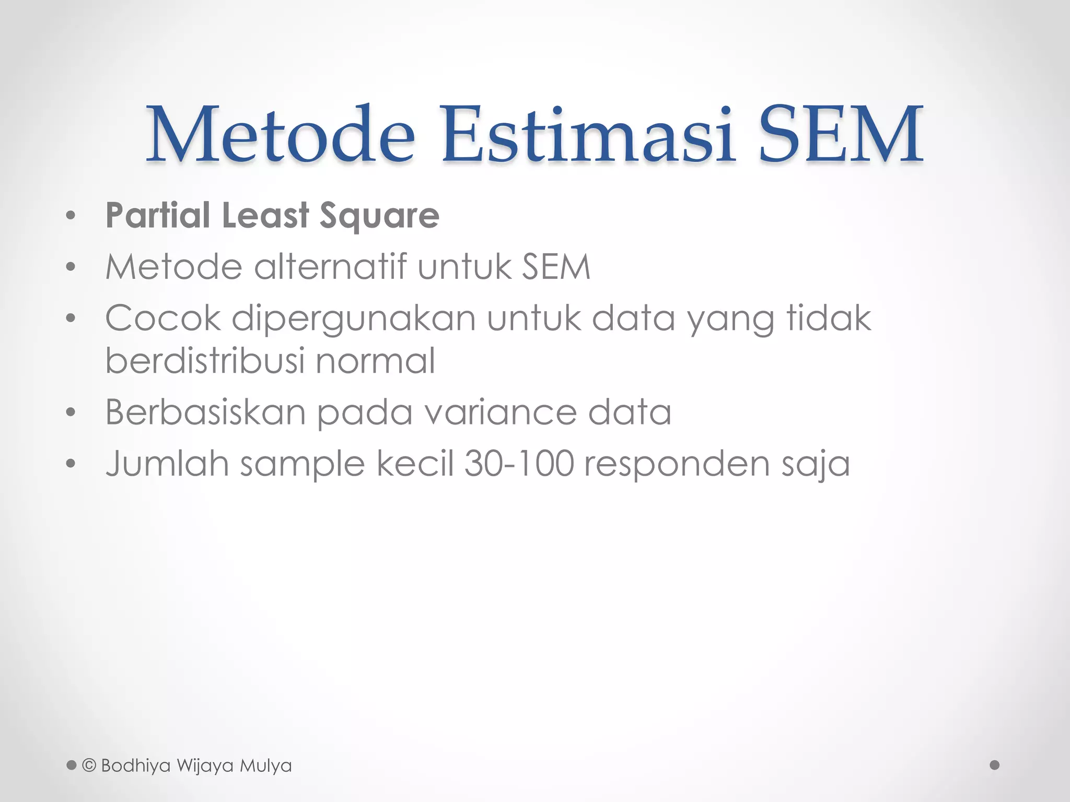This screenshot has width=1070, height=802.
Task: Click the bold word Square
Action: pos(379,216)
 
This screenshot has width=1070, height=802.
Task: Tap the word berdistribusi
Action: pos(205,360)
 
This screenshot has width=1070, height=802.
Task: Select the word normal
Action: pos(375,360)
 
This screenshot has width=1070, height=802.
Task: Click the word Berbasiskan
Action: pos(205,412)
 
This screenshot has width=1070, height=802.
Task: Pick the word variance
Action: pos(500,412)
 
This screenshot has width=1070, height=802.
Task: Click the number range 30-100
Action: pos(519,463)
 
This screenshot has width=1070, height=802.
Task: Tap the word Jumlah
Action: pos(167,463)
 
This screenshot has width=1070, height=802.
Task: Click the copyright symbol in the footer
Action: pos(89,765)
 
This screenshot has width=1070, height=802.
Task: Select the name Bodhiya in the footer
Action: pos(136,766)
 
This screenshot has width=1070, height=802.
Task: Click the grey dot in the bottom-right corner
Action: pos(995,765)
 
